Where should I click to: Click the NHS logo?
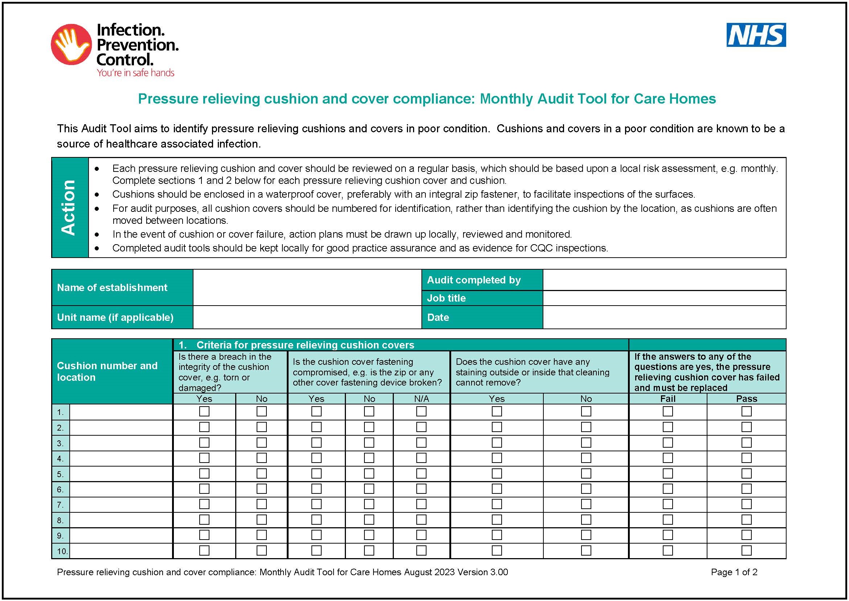tap(756, 35)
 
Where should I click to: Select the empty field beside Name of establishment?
tap(307, 287)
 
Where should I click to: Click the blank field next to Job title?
tap(664, 298)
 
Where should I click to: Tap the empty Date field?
tap(664, 318)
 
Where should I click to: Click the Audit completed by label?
tap(474, 280)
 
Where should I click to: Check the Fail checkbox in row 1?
tap(668, 412)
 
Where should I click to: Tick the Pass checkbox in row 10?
tap(746, 550)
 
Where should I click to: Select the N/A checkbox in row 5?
tap(421, 473)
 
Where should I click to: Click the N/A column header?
tap(421, 399)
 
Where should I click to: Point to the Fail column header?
tap(668, 399)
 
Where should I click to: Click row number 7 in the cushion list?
tap(60, 505)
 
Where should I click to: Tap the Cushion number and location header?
tap(107, 372)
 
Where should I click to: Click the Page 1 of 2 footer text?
tap(734, 572)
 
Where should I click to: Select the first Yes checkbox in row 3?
tap(204, 443)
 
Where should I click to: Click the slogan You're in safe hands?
tap(135, 73)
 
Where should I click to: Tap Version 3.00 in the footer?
tap(482, 572)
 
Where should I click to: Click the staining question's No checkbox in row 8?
tap(586, 520)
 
